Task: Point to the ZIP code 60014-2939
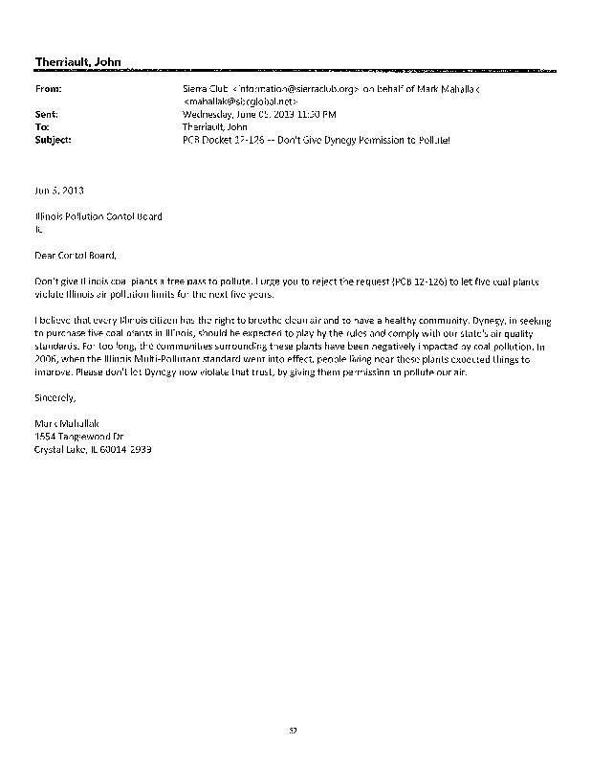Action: [129, 449]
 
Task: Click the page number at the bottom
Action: [295, 731]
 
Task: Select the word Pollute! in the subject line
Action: [428, 139]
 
